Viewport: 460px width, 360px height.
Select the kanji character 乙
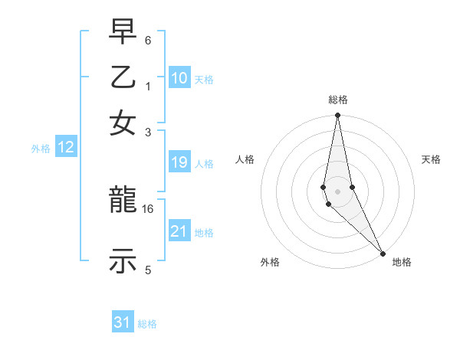click(123, 79)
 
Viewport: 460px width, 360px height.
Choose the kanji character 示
click(123, 260)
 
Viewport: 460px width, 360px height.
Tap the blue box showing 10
click(179, 78)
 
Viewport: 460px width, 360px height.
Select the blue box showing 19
click(179, 162)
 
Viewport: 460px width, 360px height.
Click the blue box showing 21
click(179, 231)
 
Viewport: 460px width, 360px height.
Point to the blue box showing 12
click(66, 148)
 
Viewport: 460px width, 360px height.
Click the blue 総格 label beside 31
click(147, 324)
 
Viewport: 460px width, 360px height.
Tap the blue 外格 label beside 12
click(41, 149)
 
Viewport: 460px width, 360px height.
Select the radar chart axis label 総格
click(338, 100)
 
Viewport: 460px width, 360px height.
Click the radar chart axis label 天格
click(431, 159)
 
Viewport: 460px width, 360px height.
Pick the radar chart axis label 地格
click(402, 262)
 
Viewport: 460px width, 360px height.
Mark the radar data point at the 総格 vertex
click(337, 116)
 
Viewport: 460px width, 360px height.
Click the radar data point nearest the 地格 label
click(383, 253)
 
